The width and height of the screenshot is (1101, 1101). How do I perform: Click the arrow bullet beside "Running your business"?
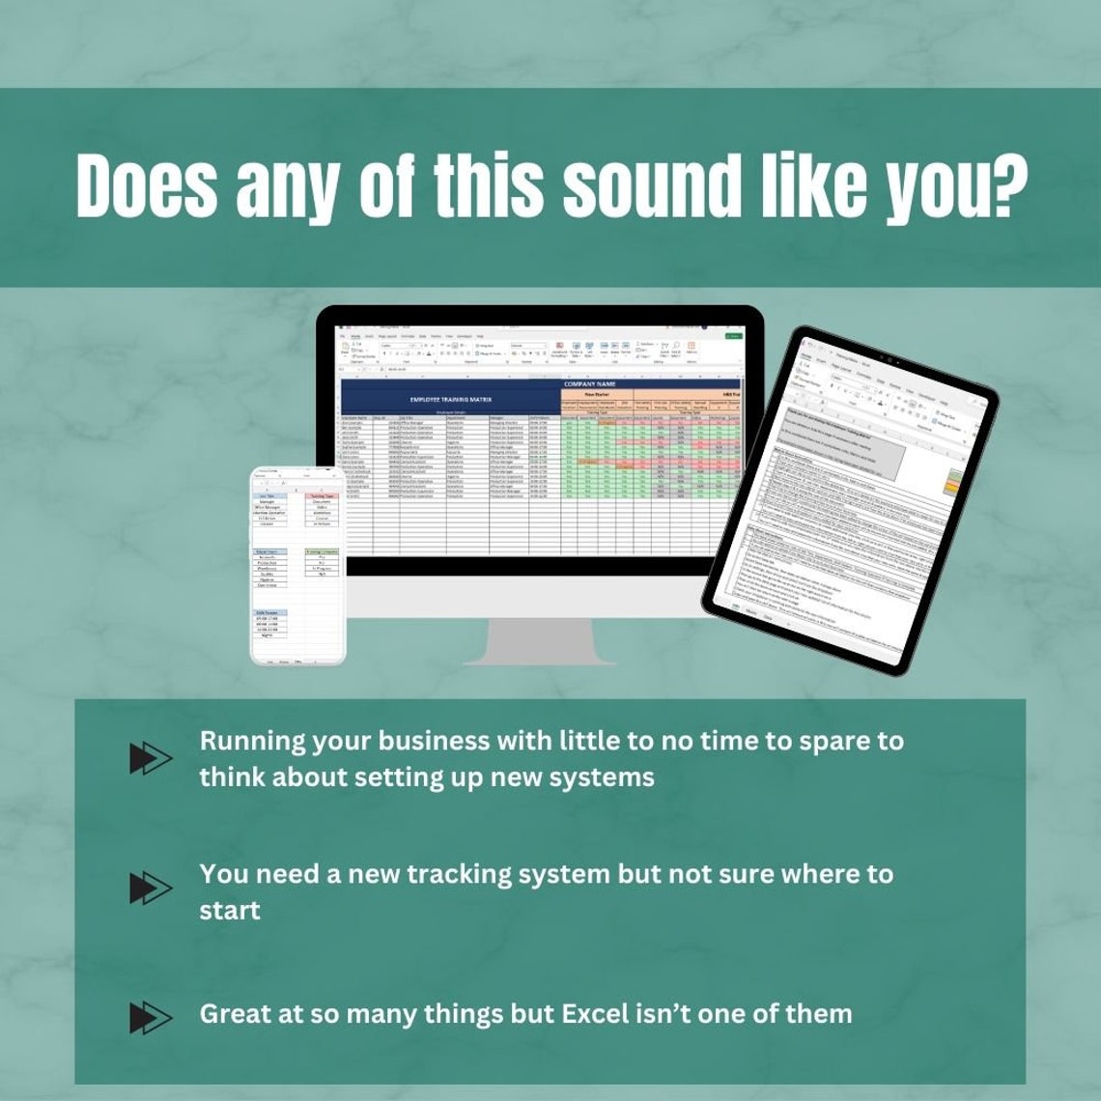coord(151,759)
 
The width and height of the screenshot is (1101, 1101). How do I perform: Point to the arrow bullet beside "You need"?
coord(151,888)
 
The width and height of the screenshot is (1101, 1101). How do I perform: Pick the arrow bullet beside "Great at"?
coord(151,1017)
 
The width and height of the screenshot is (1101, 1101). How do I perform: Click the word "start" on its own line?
coord(230,910)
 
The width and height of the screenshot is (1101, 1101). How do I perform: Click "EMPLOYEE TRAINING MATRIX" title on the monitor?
coord(451,398)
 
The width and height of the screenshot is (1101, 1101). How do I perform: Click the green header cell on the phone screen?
coord(323,552)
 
